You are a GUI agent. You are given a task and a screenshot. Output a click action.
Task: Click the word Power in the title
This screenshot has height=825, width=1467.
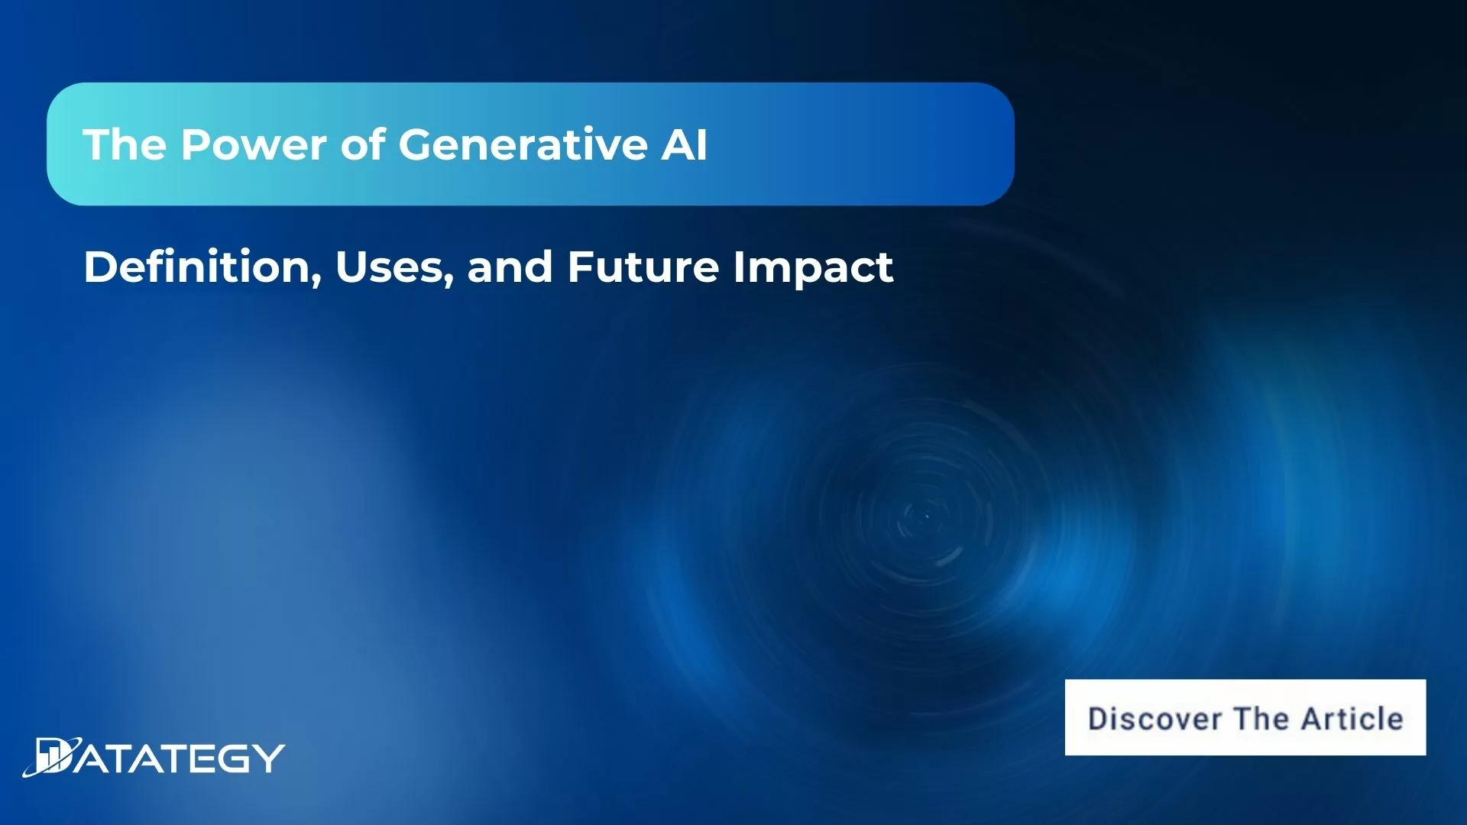254,144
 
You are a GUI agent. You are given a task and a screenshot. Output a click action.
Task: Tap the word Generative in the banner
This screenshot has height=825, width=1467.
523,144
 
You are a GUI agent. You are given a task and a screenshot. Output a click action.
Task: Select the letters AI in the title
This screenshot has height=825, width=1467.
685,144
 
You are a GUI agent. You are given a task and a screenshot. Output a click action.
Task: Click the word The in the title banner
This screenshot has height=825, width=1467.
125,144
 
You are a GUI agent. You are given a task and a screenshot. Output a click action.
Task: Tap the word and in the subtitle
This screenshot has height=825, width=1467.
510,267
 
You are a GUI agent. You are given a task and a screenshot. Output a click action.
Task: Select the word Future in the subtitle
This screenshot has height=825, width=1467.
643,267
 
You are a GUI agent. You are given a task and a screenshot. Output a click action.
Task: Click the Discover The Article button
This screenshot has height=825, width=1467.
1245,717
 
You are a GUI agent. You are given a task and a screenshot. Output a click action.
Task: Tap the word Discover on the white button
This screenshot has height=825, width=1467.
1154,719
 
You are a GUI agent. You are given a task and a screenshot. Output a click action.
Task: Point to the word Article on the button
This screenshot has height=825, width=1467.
1352,719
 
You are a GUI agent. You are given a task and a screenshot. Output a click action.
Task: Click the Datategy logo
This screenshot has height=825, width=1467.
154,758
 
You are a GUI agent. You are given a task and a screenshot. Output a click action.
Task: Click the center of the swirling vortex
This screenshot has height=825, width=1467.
926,517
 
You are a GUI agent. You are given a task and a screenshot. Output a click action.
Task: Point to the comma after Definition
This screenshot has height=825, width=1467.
316,281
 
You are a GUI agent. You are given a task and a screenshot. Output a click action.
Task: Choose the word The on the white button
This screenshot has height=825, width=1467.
1261,719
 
